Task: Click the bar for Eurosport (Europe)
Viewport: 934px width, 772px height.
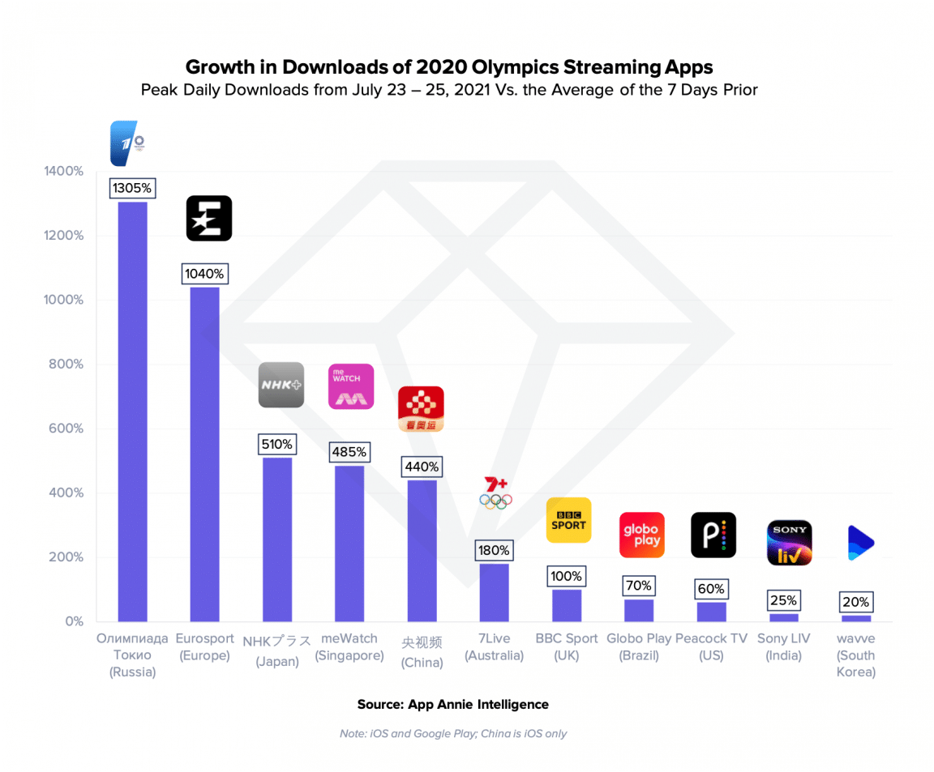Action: (204, 454)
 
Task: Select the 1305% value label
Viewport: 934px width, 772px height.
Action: (132, 188)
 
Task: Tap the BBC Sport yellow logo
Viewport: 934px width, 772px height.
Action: (568, 520)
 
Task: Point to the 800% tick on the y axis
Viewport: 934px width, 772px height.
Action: (64, 364)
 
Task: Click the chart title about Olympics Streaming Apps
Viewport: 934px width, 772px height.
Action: (449, 66)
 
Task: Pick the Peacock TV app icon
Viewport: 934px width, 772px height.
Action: (713, 535)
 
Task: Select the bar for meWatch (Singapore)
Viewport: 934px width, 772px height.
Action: (349, 543)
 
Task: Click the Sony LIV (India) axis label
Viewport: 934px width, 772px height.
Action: (784, 646)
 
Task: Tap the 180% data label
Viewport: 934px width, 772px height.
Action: (494, 551)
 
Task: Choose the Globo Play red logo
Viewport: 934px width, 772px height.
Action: (641, 535)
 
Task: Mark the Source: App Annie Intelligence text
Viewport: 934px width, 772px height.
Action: (452, 704)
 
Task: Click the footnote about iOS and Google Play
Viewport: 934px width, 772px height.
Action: (452, 733)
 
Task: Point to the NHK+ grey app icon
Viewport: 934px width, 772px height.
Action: (281, 385)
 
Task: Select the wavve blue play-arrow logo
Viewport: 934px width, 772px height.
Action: (859, 543)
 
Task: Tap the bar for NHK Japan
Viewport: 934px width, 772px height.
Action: (277, 539)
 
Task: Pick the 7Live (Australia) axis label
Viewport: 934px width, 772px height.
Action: (494, 646)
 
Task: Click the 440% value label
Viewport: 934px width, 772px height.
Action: (422, 467)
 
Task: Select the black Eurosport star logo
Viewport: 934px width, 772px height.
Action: (209, 219)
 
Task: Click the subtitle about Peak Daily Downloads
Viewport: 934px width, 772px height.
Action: (449, 89)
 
